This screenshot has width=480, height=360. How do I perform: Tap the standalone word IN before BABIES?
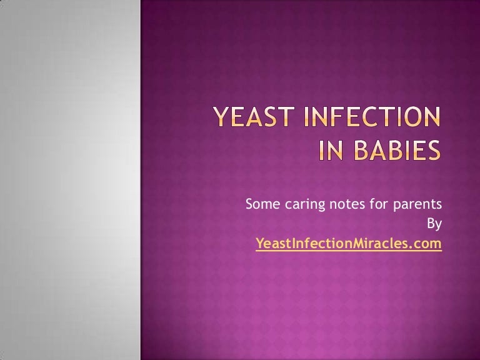[326, 151]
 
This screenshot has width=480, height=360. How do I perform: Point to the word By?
[434, 224]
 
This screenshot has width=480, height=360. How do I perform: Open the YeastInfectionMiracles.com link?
[349, 243]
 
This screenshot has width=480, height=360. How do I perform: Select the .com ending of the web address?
[427, 243]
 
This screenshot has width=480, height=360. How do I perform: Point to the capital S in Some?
[249, 204]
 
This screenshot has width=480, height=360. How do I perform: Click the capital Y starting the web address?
[259, 243]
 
